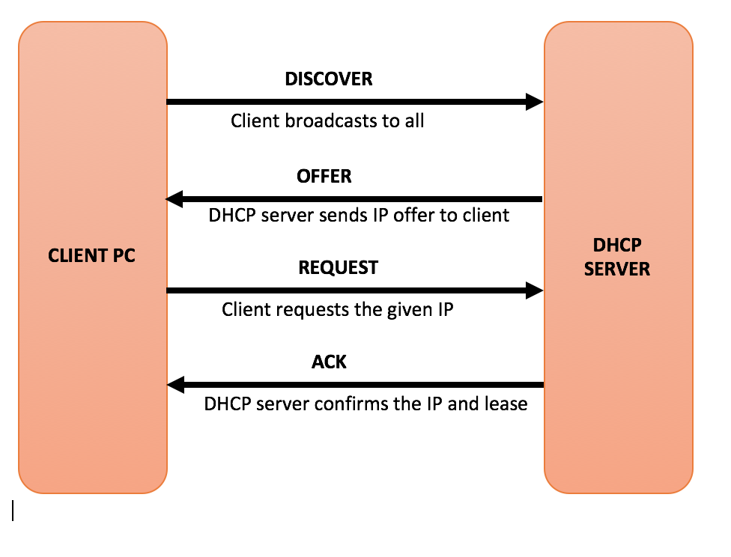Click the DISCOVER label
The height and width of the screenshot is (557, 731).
[328, 79]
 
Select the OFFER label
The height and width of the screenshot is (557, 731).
[324, 177]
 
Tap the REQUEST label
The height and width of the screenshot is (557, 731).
[338, 268]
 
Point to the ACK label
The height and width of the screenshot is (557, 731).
[329, 362]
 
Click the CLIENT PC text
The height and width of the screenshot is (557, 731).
[91, 255]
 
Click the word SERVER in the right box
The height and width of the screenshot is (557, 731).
[617, 269]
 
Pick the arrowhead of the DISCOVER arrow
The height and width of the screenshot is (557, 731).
[535, 102]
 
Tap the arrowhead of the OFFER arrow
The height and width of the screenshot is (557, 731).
[175, 199]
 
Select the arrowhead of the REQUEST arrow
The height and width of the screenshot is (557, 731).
[535, 290]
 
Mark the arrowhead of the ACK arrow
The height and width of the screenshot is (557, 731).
[175, 386]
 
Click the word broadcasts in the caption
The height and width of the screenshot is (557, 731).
[332, 121]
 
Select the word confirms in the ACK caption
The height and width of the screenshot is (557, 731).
[350, 404]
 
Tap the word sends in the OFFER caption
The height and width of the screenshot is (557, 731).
[338, 216]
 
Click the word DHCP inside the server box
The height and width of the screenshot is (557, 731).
[617, 246]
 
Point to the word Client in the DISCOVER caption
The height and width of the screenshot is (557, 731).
[255, 121]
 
